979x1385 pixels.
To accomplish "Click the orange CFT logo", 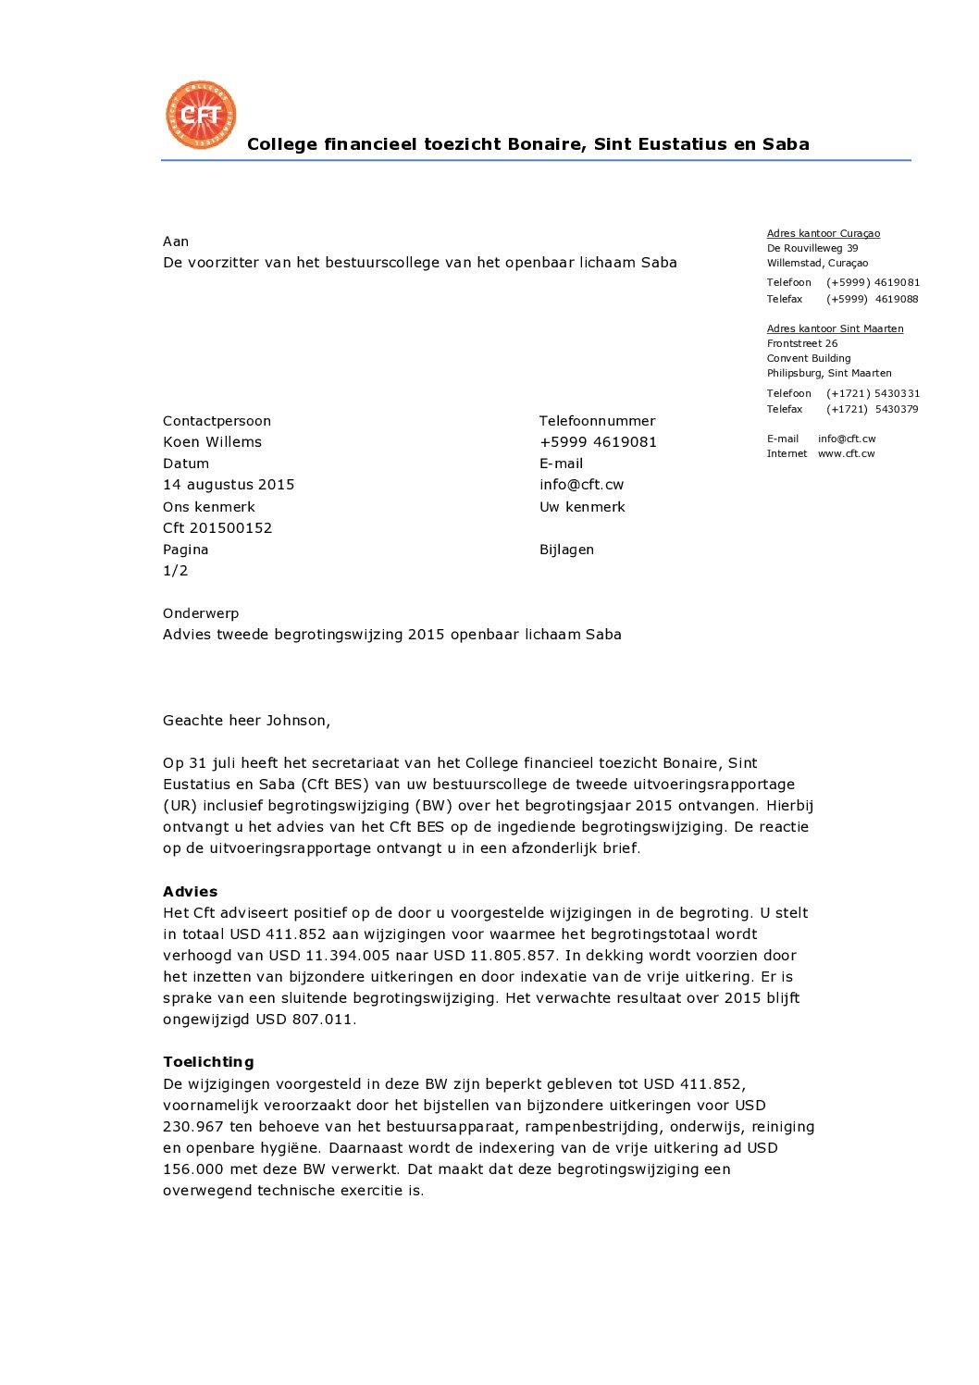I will pyautogui.click(x=201, y=115).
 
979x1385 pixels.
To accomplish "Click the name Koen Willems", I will pyautogui.click(x=212, y=442).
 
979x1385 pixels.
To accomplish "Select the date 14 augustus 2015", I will pyautogui.click(x=229, y=485).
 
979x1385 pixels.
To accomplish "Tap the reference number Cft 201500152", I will pyautogui.click(x=217, y=528).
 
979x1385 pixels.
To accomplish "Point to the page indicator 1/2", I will pyautogui.click(x=175, y=571).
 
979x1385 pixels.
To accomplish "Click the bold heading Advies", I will pyautogui.click(x=190, y=892).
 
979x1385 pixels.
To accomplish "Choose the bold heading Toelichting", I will pyautogui.click(x=208, y=1062).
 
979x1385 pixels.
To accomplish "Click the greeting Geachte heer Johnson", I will pyautogui.click(x=246, y=721).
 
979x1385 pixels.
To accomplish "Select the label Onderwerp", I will pyautogui.click(x=201, y=613).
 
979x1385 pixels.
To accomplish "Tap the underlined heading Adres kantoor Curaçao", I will pyautogui.click(x=823, y=234).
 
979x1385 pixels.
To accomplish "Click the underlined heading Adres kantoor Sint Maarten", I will pyautogui.click(x=835, y=329).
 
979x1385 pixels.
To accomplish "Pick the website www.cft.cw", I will pyautogui.click(x=846, y=454).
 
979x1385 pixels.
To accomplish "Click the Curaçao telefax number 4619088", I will pyautogui.click(x=896, y=300).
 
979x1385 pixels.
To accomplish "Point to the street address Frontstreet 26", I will pyautogui.click(x=801, y=344).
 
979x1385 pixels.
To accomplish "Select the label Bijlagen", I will pyautogui.click(x=566, y=550).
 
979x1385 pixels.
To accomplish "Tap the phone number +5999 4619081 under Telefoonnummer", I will pyautogui.click(x=598, y=442).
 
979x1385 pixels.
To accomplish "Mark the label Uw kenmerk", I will pyautogui.click(x=582, y=507).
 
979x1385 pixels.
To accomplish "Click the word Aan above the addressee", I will pyautogui.click(x=176, y=241).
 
